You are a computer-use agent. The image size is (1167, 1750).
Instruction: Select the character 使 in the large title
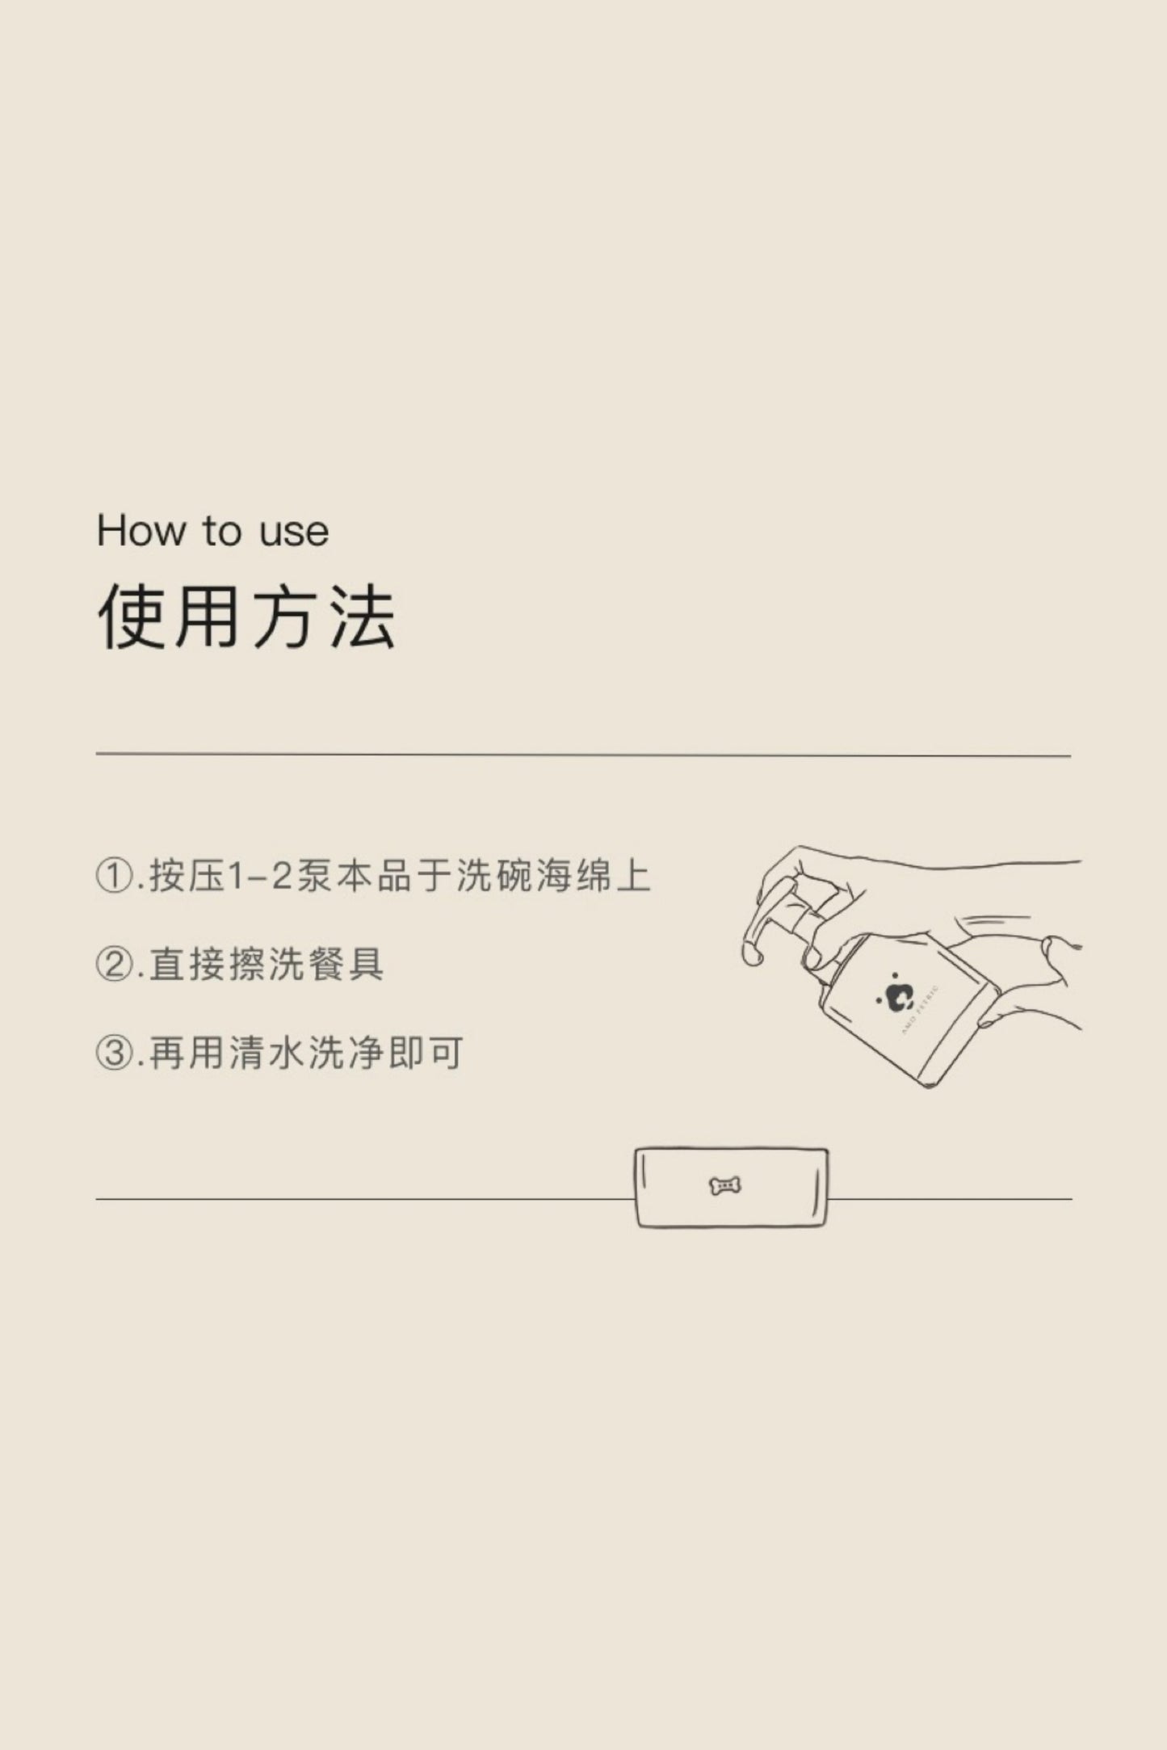[x=132, y=616]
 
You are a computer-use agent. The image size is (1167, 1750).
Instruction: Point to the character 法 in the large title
[x=361, y=616]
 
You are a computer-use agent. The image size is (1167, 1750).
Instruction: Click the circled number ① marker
[x=113, y=877]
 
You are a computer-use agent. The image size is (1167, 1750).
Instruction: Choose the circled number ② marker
[x=113, y=965]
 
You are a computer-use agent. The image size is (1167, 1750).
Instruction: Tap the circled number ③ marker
[x=113, y=1053]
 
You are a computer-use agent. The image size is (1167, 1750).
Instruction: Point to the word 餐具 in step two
[x=346, y=965]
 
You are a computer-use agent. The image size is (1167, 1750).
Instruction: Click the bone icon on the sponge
[x=725, y=1186]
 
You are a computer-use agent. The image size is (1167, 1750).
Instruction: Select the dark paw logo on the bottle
[x=896, y=996]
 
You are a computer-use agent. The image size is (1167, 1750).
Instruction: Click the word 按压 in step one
[x=187, y=877]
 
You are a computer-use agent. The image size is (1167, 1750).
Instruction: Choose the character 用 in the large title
[x=208, y=616]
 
